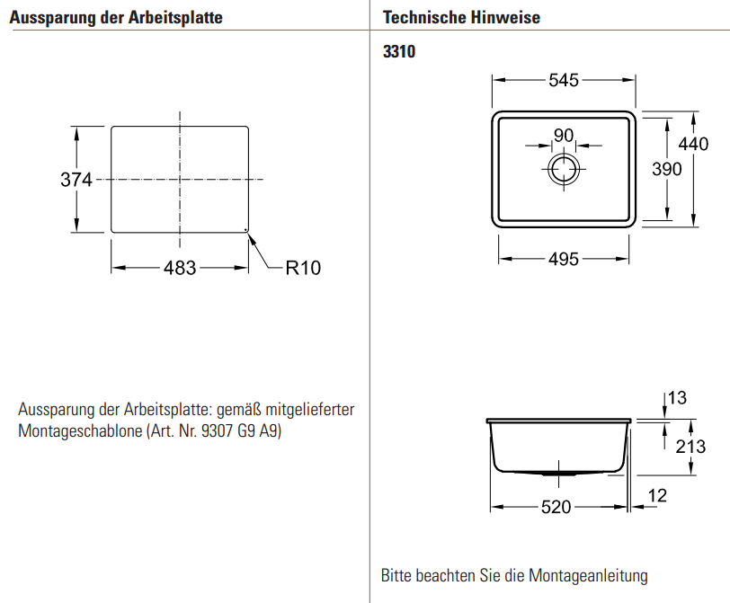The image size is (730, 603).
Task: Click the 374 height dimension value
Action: coord(76,180)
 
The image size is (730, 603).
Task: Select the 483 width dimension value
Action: coord(180,268)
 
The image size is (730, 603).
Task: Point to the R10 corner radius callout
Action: coord(302,267)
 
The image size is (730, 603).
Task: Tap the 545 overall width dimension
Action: coord(564,80)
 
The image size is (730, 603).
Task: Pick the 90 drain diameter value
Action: coord(564,135)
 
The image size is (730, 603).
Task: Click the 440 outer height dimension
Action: coord(693,144)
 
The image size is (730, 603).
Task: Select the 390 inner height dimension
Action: coord(666,169)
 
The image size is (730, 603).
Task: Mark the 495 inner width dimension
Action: coord(564,260)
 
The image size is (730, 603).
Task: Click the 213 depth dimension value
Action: coord(690,446)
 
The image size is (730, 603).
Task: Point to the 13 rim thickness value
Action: coord(677,397)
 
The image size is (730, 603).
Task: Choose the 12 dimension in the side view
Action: coord(656,493)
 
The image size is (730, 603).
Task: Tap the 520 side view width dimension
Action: coord(556,507)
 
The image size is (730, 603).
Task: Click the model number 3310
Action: coord(399,52)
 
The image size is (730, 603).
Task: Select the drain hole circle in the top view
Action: coord(564,167)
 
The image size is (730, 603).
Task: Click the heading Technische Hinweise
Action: coord(461,18)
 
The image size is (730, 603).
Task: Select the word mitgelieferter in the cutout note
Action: coord(306,410)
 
